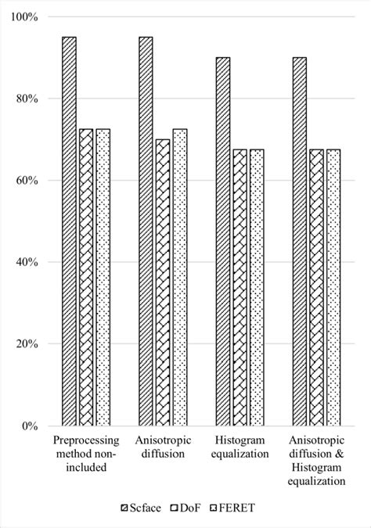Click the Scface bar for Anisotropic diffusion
click(146, 231)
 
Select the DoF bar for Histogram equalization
click(240, 287)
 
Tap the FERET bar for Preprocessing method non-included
click(103, 277)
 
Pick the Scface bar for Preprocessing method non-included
click(70, 231)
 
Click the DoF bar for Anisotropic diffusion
click(163, 282)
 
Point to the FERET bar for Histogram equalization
click(257, 287)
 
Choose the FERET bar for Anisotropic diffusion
click(180, 277)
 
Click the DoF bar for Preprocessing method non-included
click(86, 277)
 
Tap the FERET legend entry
click(233, 508)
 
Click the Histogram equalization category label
click(240, 447)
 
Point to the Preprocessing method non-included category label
click(86, 454)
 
